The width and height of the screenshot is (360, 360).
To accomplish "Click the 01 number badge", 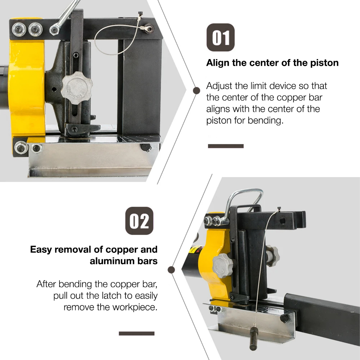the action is tap(220, 37).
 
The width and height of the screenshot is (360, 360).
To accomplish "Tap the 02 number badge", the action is tap(139, 221).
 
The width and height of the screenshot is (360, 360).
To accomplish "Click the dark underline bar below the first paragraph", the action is tap(226, 146).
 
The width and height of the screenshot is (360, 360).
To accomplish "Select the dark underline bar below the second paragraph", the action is tap(137, 333).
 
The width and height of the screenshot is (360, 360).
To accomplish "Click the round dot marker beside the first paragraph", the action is tap(196, 90).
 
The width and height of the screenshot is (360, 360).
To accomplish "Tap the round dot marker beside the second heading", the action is tap(171, 270).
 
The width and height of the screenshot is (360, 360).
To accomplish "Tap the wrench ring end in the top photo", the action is tap(54, 30).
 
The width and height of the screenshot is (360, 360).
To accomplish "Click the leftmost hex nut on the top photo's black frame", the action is tap(18, 30).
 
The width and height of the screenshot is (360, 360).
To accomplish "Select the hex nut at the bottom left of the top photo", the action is tap(20, 148).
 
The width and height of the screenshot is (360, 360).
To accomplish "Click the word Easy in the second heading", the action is tap(41, 250).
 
